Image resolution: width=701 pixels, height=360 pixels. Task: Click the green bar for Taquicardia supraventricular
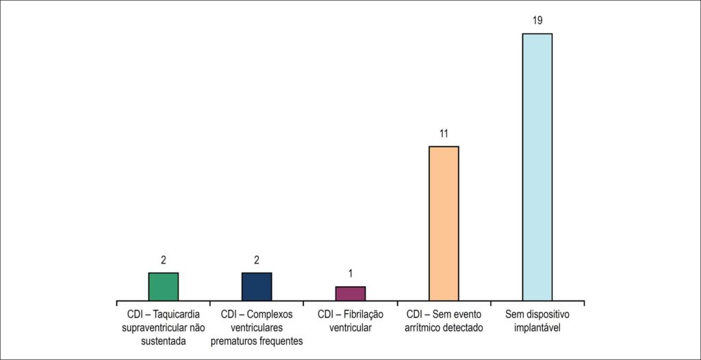(x=163, y=287)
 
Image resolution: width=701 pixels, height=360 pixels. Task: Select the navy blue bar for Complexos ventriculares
(x=257, y=287)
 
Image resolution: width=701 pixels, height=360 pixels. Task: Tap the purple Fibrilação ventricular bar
(x=350, y=294)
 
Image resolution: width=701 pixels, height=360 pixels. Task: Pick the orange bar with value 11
(x=444, y=224)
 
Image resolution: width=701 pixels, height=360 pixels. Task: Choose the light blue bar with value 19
(x=537, y=167)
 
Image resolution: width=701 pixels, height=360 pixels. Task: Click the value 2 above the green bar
(x=163, y=261)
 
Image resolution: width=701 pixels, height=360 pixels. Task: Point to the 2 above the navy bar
(x=257, y=261)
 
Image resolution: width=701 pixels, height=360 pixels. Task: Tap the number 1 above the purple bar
(x=350, y=274)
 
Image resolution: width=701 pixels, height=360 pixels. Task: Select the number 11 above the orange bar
(x=444, y=133)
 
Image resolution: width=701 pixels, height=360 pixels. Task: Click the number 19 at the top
(x=537, y=21)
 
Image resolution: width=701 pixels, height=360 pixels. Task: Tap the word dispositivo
(x=548, y=314)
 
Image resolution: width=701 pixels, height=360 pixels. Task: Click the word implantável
(x=537, y=328)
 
